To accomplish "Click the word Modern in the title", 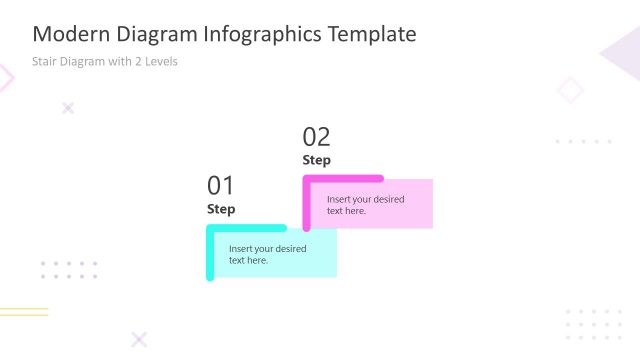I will point(66,34).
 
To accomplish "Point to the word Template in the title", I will point(371,34).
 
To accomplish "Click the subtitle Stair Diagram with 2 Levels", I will point(105,61).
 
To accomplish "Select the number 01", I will point(221,185).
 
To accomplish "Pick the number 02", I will point(316,137).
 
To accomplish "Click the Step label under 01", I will point(221,209).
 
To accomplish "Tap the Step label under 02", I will point(316,160).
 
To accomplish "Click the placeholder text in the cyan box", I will point(267,254).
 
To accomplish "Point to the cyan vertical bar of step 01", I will point(210,255).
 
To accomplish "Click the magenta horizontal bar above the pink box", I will point(345,179).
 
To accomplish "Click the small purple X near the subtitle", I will point(68,108).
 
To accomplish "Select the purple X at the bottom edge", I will point(139,339).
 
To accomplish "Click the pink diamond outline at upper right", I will point(570,91).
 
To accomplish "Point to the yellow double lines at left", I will point(24,312).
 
